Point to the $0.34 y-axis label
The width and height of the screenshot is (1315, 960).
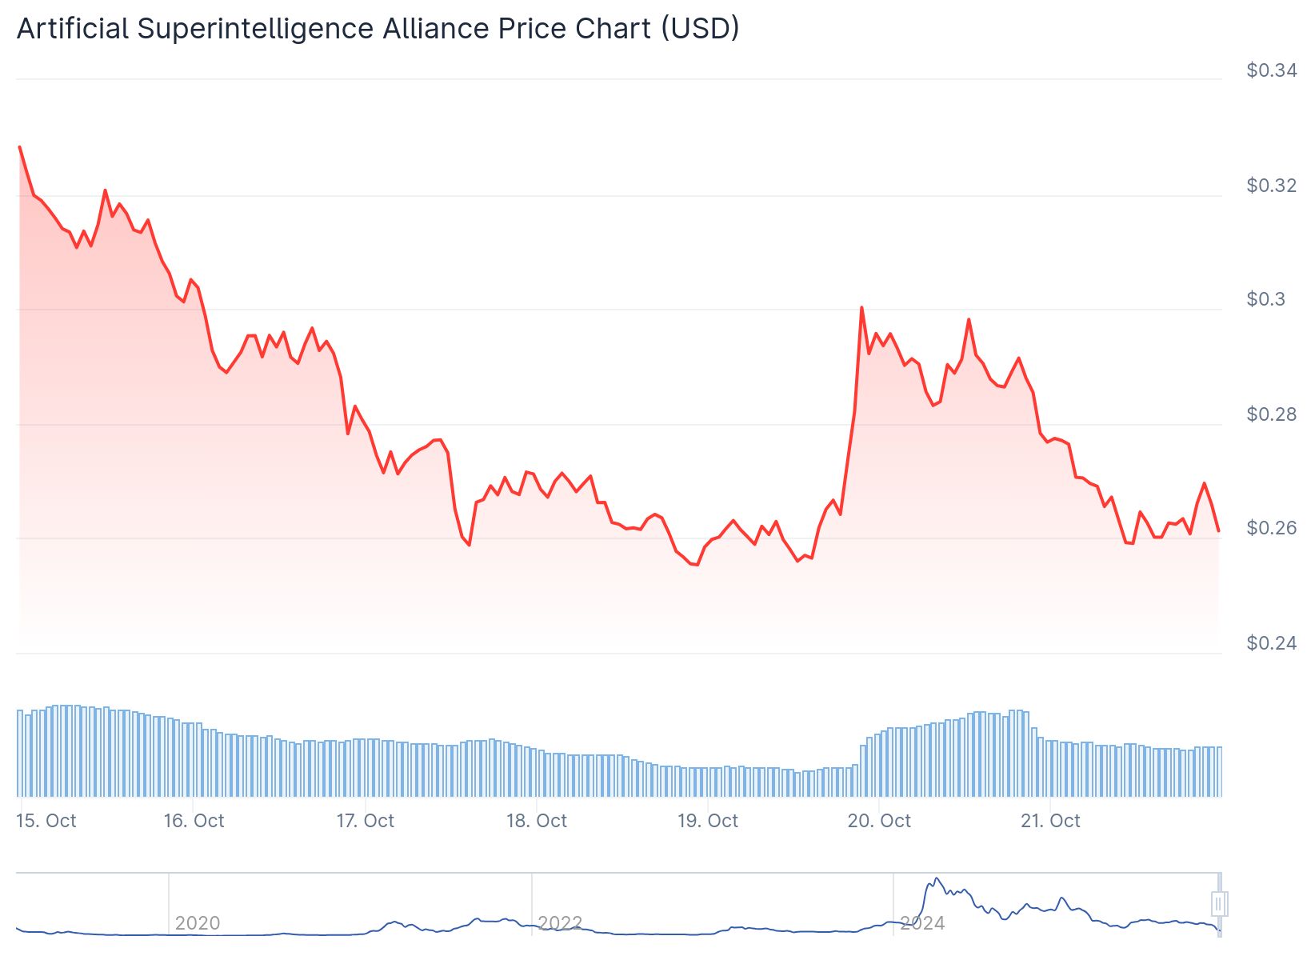coord(1271,70)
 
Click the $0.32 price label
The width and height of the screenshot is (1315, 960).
coord(1271,186)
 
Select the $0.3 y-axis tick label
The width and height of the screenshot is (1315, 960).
coord(1265,299)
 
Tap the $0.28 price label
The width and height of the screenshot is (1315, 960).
coord(1271,414)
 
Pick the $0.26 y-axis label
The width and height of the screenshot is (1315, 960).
coord(1271,528)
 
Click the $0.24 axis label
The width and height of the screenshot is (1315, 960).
coord(1271,643)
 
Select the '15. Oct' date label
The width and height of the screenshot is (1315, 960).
coord(46,821)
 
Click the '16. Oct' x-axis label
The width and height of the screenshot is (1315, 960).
coord(194,821)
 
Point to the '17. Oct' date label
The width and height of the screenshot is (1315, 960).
coord(365,821)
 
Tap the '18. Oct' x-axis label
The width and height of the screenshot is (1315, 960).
coord(536,821)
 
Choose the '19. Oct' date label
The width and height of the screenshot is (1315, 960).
coord(708,821)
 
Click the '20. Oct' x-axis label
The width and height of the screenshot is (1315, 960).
coord(879,821)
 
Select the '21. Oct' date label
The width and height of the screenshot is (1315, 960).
coord(1050,821)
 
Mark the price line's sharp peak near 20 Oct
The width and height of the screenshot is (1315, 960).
coord(861,307)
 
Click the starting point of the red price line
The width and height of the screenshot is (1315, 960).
coord(19,147)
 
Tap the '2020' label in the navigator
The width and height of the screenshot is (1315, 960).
coord(198,923)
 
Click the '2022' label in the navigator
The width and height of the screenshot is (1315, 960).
coord(560,923)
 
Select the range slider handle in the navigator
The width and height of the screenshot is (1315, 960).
coord(1219,904)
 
